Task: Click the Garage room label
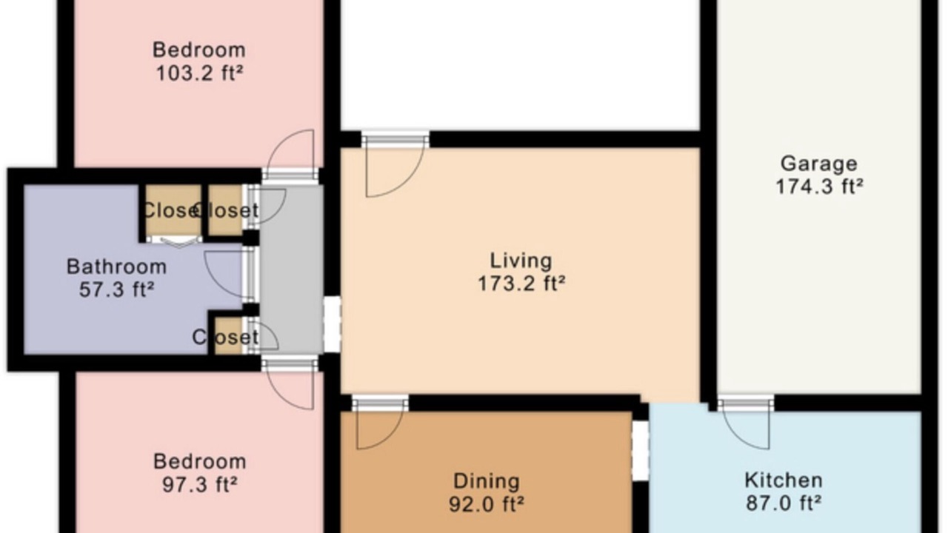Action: pos(818,164)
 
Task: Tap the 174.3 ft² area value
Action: pos(819,187)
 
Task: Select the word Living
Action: pos(521,261)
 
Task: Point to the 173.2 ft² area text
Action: pos(521,284)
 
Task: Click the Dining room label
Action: pos(487,481)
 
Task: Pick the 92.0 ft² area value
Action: pos(487,504)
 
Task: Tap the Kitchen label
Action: pos(784,480)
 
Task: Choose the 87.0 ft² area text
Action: pos(784,503)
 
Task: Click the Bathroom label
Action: pos(116,267)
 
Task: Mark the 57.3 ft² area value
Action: pos(116,289)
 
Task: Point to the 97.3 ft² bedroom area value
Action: pos(199,484)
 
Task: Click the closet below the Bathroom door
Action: pos(229,336)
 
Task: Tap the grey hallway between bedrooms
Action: pos(292,269)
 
